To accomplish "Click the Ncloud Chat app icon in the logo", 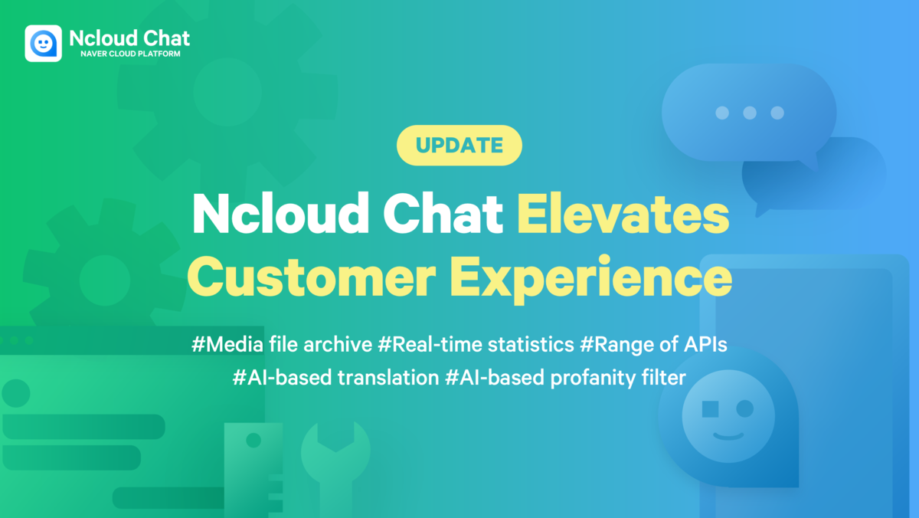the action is click(x=43, y=43).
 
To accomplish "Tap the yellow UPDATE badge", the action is click(x=459, y=146).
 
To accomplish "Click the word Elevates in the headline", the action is click(x=623, y=215).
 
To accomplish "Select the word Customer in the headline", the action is click(x=311, y=277).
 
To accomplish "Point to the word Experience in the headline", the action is click(x=590, y=280).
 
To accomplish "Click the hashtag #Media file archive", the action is click(x=282, y=344).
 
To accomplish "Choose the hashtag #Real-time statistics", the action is click(x=476, y=344).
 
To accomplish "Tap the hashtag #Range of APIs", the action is click(x=653, y=344).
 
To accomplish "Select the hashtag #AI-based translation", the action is click(x=336, y=377).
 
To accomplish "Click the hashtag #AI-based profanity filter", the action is click(x=565, y=378).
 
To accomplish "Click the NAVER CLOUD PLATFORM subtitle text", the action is click(x=130, y=54).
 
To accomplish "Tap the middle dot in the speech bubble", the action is click(x=750, y=113).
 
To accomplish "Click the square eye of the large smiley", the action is click(x=710, y=409).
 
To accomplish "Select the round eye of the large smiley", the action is click(x=745, y=409).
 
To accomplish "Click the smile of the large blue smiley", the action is click(x=728, y=436).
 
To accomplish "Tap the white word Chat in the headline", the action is click(x=443, y=214).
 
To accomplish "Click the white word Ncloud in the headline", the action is click(x=280, y=214).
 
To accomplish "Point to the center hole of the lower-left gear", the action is click(x=105, y=280).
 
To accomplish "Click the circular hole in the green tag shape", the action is click(x=253, y=441).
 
